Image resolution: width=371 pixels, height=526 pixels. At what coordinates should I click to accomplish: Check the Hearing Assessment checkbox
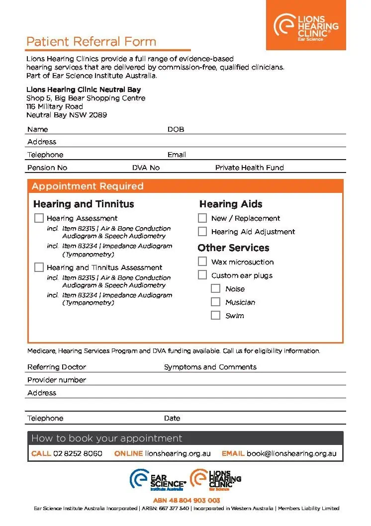click(x=39, y=218)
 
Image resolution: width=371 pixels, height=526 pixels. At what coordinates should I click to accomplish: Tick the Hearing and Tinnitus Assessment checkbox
click(x=39, y=267)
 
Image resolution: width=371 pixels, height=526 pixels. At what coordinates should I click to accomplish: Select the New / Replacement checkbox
click(x=202, y=218)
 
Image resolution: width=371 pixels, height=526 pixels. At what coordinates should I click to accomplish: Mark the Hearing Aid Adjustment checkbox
click(x=202, y=231)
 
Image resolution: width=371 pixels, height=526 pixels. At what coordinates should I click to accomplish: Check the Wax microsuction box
click(x=202, y=262)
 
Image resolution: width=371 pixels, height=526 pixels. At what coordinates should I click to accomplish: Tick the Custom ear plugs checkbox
click(x=202, y=275)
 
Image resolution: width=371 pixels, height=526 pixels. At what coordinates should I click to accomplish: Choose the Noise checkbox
click(x=215, y=288)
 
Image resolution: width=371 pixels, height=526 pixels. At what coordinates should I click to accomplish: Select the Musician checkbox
click(x=215, y=302)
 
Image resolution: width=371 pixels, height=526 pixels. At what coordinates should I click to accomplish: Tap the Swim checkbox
click(x=215, y=315)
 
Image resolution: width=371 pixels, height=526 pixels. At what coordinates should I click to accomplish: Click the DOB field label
click(x=176, y=129)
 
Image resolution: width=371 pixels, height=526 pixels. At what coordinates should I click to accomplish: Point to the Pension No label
click(x=47, y=168)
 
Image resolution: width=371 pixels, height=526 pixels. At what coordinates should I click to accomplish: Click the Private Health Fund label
click(x=249, y=168)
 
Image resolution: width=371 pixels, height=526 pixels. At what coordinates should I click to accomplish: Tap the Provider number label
click(x=57, y=380)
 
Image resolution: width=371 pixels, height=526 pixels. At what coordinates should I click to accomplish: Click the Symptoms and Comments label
click(x=210, y=367)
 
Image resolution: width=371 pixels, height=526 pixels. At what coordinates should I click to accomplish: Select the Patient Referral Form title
click(x=91, y=42)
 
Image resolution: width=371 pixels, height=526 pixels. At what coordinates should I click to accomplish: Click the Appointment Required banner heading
click(x=88, y=186)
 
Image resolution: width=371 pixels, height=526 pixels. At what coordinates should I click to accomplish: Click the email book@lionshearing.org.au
click(x=291, y=453)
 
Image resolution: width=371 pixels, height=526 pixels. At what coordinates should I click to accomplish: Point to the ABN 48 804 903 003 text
click(x=186, y=500)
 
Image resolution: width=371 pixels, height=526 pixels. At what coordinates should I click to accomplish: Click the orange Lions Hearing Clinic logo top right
click(x=306, y=25)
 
